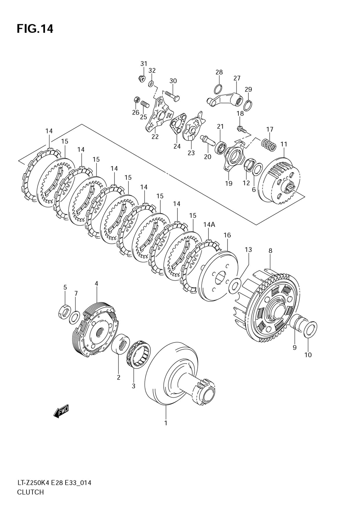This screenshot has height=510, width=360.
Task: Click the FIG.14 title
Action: pos(35,28)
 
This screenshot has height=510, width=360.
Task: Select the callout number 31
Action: pos(144,64)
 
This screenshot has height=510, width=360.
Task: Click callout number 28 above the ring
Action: pos(219,72)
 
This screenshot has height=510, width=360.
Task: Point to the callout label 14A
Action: pos(209,225)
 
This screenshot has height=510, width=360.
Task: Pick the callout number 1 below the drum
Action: pos(166,423)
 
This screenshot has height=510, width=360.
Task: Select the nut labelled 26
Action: pos(136,99)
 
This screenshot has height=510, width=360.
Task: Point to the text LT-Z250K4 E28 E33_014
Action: pos(54,483)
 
